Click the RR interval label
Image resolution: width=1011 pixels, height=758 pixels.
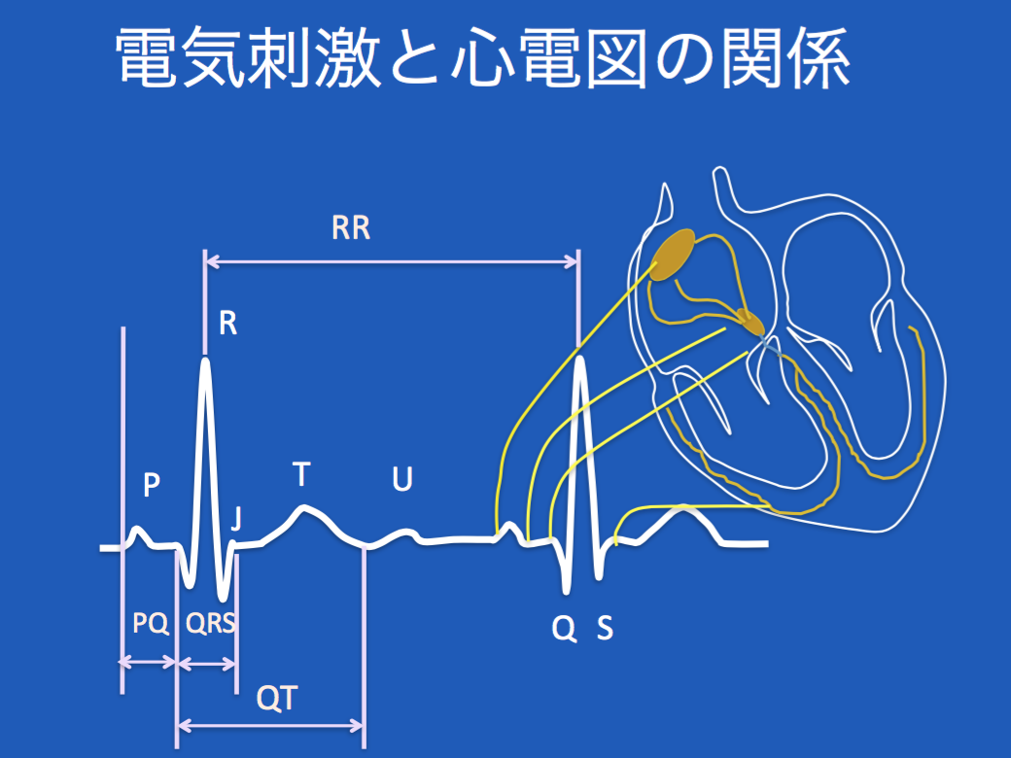(351, 228)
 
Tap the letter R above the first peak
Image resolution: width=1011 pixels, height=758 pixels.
(227, 323)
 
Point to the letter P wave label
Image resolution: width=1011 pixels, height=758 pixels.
(151, 485)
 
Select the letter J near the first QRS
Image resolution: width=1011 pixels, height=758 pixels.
(236, 518)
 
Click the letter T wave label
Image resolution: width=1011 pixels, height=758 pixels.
(301, 474)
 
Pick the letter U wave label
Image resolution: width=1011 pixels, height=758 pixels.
(402, 479)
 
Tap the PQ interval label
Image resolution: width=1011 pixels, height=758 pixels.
(151, 623)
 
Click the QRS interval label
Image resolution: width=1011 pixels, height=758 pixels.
(210, 623)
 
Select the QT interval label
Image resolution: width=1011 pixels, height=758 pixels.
(277, 698)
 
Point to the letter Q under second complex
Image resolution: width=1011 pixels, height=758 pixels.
(564, 628)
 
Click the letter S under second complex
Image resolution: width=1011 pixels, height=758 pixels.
(605, 627)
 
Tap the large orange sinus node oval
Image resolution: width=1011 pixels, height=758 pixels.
(673, 256)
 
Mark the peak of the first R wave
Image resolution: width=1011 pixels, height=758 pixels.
(205, 359)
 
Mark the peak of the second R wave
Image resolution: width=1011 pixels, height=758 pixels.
(579, 359)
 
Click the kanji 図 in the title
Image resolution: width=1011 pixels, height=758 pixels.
(615, 58)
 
